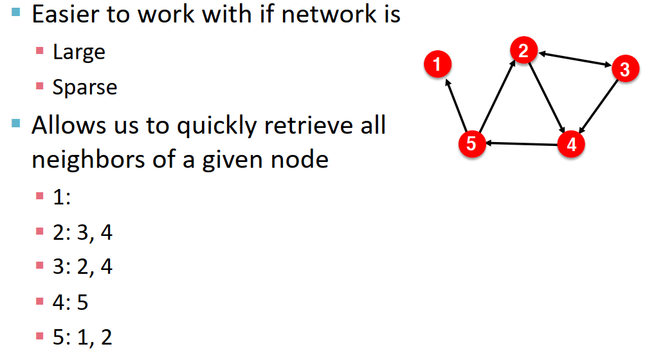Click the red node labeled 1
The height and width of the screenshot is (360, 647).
point(437,64)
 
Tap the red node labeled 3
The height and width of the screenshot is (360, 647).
point(624,69)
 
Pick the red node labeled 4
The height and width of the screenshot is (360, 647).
point(571,144)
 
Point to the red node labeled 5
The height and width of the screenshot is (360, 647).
point(471,143)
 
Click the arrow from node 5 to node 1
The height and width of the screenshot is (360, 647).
point(456,103)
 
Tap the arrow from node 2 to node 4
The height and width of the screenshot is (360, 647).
point(547,97)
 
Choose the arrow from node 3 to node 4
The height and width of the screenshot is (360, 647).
point(597,106)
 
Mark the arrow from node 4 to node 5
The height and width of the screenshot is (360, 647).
point(521,143)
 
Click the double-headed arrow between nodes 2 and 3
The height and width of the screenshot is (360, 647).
point(574,59)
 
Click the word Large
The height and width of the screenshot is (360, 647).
point(79,51)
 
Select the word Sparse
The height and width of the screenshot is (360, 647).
point(85,87)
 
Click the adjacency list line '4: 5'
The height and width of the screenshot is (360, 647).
point(71,302)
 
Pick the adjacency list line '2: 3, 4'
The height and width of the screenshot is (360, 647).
point(82,232)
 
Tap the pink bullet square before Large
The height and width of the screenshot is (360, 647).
point(40,50)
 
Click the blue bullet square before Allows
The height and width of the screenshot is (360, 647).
point(17,122)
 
